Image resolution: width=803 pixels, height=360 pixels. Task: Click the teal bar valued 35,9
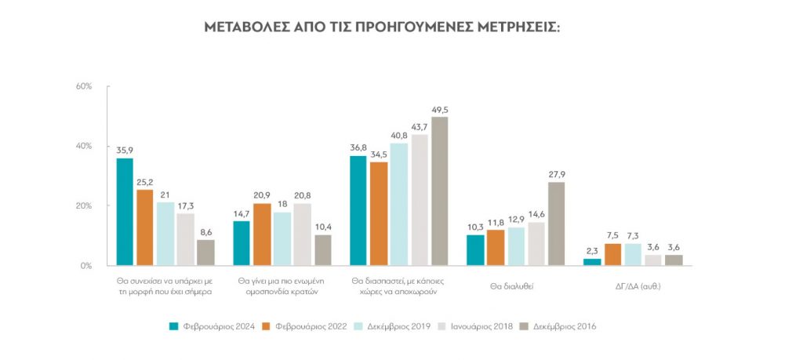point(125,212)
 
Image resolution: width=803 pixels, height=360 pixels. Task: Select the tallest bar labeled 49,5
point(440,191)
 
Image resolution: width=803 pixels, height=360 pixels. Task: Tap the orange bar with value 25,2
point(144,227)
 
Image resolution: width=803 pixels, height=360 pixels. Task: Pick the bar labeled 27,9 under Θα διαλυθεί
point(556,224)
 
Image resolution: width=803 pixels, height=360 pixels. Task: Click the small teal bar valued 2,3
point(592,262)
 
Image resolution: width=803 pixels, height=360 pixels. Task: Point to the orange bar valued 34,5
point(379,213)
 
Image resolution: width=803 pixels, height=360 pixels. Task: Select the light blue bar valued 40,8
point(399,204)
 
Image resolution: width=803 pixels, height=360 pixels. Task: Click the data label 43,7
point(420,127)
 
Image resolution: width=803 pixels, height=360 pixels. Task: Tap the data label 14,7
point(242,214)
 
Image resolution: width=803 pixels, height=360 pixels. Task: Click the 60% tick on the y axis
point(84,86)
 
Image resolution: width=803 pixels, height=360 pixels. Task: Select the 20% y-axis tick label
point(84,206)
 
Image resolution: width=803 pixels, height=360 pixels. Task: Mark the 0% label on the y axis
point(87,266)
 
